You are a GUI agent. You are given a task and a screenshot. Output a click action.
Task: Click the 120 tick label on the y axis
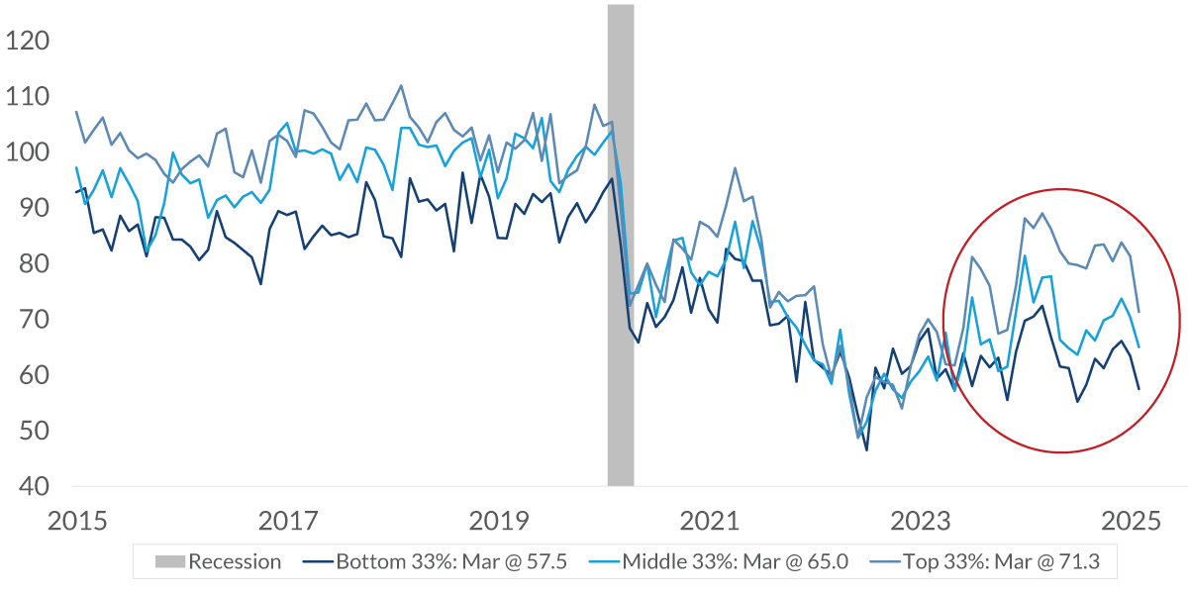click(28, 42)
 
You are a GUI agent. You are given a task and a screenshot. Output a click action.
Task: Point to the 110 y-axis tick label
click(28, 97)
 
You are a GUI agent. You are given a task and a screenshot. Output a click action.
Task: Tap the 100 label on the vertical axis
click(28, 152)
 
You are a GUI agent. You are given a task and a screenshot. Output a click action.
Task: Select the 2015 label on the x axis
click(75, 520)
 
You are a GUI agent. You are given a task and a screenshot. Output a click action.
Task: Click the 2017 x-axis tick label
click(286, 520)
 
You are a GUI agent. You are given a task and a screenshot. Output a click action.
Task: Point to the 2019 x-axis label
click(498, 520)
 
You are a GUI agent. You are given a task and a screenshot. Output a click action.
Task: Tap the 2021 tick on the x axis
click(710, 520)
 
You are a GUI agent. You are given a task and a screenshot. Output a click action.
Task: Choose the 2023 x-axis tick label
click(922, 520)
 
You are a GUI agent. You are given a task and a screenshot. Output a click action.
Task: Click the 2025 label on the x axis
click(1133, 520)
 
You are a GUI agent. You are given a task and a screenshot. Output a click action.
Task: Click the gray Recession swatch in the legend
click(169, 562)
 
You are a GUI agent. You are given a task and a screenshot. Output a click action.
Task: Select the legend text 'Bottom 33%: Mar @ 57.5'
click(451, 562)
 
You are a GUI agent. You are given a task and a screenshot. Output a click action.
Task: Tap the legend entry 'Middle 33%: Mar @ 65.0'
click(736, 562)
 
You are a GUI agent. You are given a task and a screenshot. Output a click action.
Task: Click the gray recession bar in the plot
click(621, 247)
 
